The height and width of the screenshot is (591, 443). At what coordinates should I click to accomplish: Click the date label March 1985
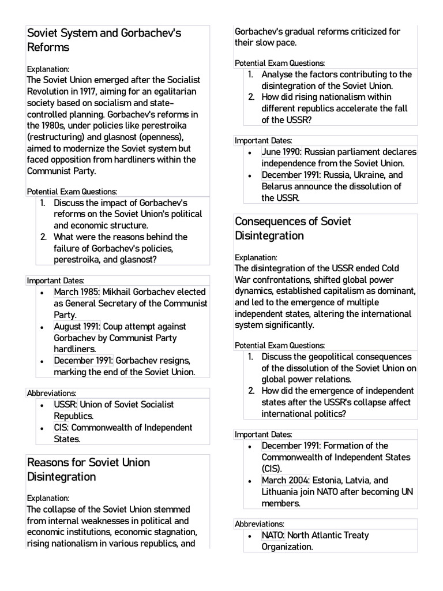[x=77, y=292]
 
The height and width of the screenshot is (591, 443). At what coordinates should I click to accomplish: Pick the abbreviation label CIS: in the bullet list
[x=62, y=428]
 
